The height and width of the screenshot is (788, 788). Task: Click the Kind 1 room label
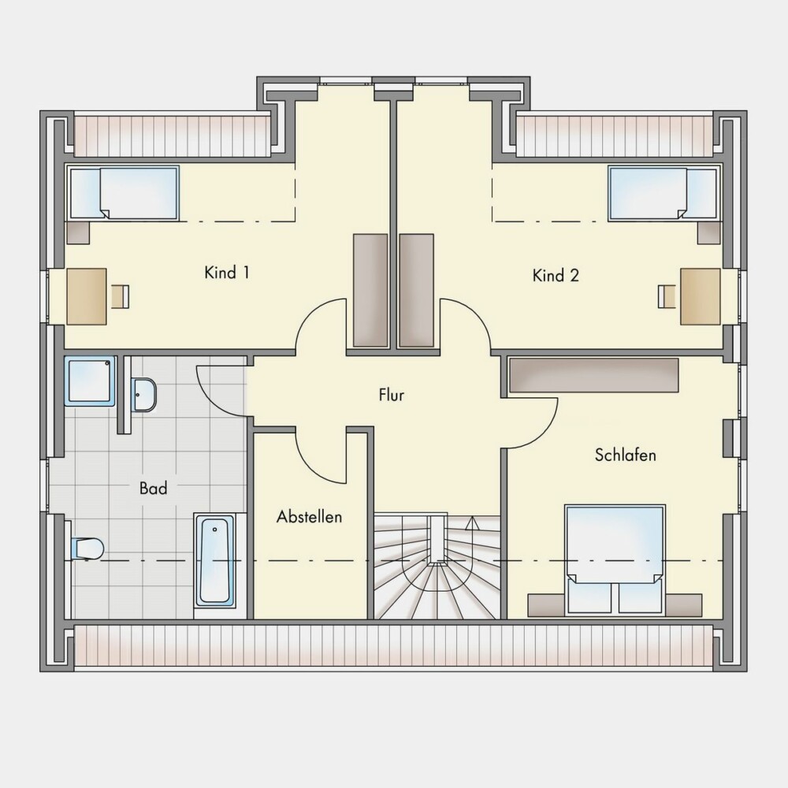click(x=227, y=273)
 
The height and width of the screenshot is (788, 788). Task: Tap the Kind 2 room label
click(x=556, y=275)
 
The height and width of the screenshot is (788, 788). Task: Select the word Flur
click(x=392, y=395)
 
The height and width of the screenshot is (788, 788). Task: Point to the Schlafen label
click(x=626, y=455)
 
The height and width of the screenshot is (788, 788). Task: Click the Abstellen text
click(x=309, y=517)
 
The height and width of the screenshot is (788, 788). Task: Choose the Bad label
click(x=154, y=488)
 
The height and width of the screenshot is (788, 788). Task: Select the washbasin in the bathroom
click(x=143, y=395)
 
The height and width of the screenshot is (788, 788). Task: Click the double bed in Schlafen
click(x=615, y=559)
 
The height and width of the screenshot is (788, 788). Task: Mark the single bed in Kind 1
click(x=125, y=193)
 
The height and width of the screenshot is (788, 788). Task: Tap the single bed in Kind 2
click(x=663, y=193)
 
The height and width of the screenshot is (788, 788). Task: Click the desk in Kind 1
click(x=87, y=296)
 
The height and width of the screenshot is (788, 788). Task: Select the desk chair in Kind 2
click(x=667, y=296)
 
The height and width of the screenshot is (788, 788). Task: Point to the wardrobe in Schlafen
click(x=594, y=375)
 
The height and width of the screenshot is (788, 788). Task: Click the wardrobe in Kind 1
click(x=370, y=290)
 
